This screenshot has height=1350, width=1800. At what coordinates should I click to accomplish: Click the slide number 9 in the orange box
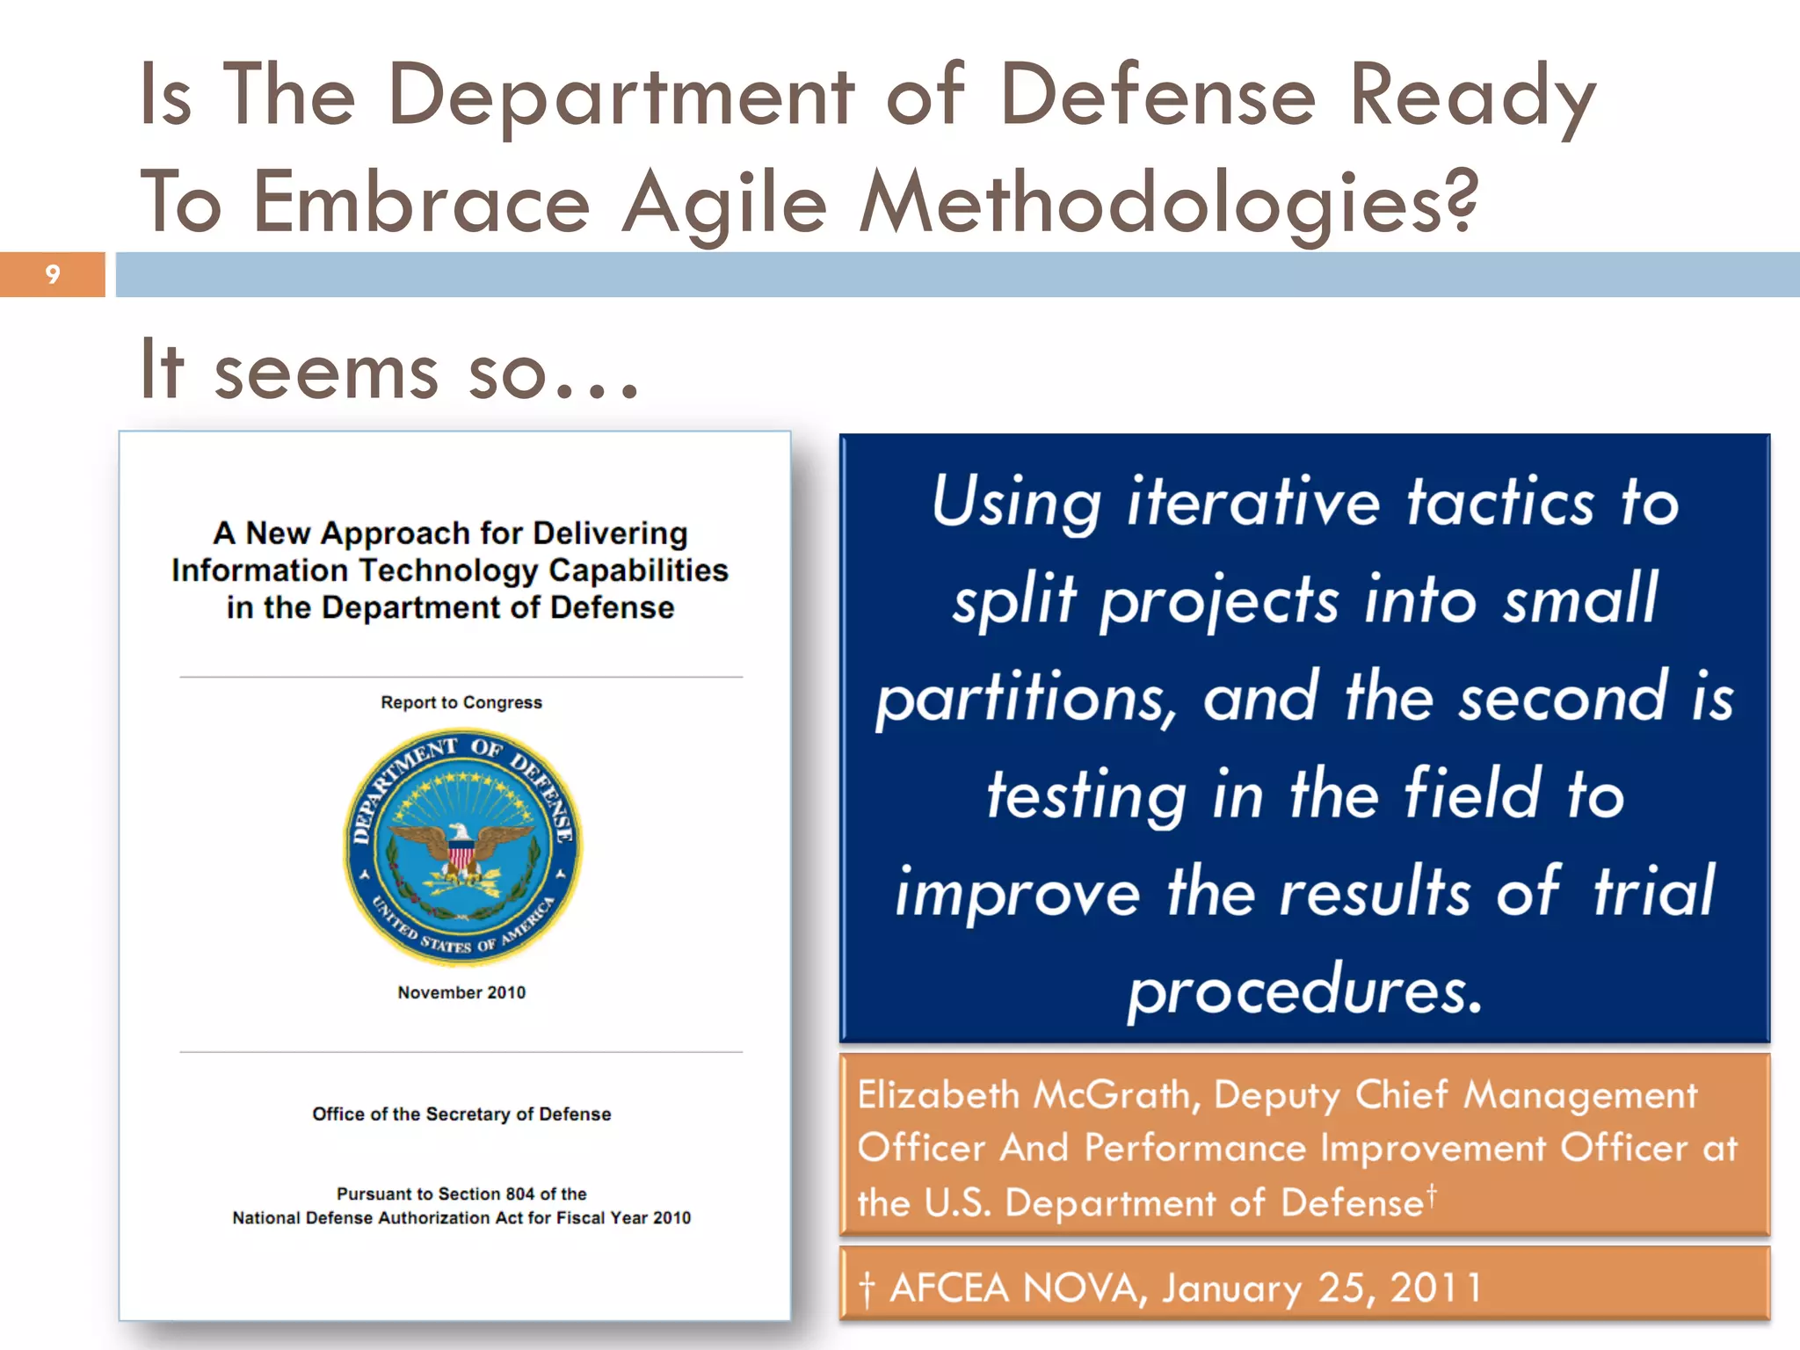point(53,275)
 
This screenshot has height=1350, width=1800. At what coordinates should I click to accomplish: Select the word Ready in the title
point(1471,97)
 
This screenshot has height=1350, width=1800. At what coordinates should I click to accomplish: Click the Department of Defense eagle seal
point(462,846)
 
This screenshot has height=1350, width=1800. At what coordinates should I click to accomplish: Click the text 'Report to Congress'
point(461,702)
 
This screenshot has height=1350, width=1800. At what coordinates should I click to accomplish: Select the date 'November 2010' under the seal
point(461,992)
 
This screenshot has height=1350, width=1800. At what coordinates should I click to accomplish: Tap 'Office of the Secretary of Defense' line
point(461,1114)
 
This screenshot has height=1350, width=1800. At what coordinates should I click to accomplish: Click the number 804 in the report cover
point(519,1194)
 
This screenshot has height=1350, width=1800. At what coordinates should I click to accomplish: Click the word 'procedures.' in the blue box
point(1305,990)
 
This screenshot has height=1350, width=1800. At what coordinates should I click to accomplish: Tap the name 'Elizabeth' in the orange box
point(938,1095)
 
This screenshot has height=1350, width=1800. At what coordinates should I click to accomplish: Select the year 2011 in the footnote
point(1435,1288)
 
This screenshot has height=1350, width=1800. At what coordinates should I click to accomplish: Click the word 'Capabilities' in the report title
point(638,570)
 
